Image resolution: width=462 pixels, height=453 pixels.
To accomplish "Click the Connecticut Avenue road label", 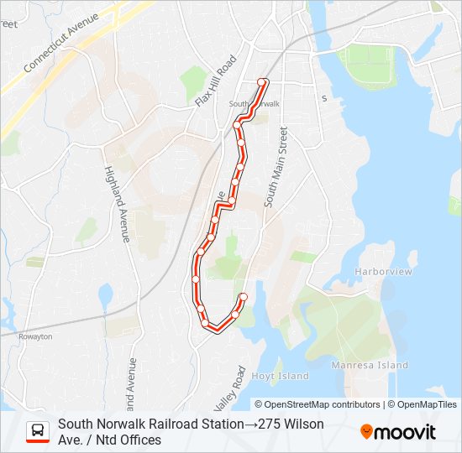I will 63,41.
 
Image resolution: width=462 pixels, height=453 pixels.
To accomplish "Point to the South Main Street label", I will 276,167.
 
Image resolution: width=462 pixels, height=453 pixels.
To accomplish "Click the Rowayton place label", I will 35,336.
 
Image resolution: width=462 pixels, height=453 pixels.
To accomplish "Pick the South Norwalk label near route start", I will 254,104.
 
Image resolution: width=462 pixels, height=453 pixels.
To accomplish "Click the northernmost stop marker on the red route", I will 262,82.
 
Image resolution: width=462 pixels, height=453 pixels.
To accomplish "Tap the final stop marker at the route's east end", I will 244,297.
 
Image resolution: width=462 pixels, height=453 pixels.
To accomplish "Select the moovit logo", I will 398,432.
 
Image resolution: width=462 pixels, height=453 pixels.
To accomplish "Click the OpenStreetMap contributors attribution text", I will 323,404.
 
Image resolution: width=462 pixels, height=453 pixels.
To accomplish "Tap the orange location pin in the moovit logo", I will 366,432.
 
